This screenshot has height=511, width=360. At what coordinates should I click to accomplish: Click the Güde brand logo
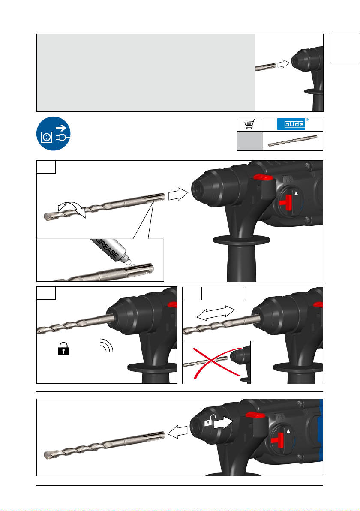[x=291, y=124]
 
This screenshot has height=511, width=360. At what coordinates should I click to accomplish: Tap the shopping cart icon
[x=249, y=124]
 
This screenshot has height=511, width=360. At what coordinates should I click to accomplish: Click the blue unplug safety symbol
[x=54, y=134]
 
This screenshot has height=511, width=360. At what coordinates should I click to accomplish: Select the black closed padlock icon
[x=63, y=349]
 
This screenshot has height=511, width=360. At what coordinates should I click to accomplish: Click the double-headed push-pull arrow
[x=216, y=313]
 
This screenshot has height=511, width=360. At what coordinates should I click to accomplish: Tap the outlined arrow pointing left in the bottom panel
[x=177, y=432]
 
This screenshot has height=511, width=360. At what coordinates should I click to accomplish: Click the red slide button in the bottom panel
[x=255, y=415]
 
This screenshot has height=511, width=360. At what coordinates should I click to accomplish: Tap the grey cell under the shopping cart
[x=249, y=141]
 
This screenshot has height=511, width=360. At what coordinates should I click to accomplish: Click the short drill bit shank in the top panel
[x=266, y=67]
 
